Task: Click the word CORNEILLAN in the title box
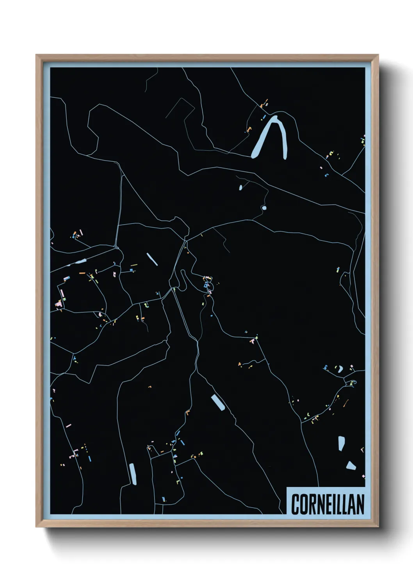[328, 504]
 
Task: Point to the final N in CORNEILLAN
[360, 504]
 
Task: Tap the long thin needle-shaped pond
[152, 259]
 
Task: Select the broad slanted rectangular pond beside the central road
[217, 403]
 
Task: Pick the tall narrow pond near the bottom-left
[133, 474]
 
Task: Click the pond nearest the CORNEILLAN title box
[351, 466]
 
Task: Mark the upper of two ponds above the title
[341, 444]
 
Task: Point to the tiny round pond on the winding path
[264, 208]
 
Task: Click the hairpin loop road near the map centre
[182, 280]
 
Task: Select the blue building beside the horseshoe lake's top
[264, 116]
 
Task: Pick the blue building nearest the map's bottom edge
[164, 499]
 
